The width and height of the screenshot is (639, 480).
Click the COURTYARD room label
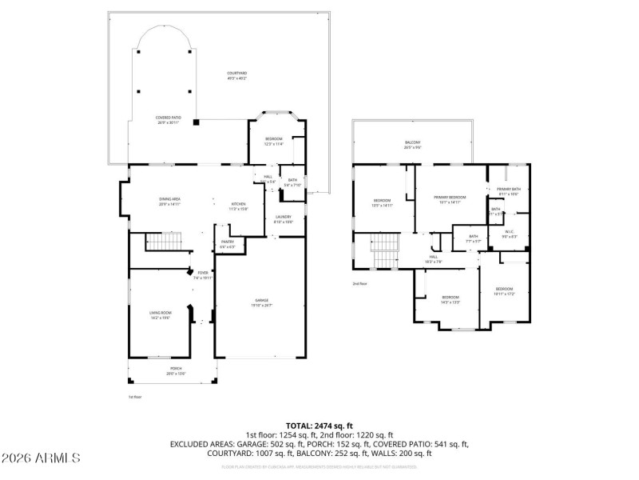[237, 75]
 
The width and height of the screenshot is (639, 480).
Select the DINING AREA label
[169, 201]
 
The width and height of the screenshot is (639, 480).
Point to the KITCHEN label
[239, 206]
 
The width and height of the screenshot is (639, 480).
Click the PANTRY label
[227, 244]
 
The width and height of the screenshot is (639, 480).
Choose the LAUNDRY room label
[284, 218]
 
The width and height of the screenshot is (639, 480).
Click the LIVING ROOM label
[161, 314]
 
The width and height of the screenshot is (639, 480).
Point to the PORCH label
[175, 370]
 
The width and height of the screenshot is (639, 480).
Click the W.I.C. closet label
[509, 234]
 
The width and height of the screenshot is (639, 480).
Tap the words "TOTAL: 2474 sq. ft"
[319, 426]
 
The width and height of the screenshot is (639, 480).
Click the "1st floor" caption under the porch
[135, 397]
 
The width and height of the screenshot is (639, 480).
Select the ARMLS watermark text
[41, 458]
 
